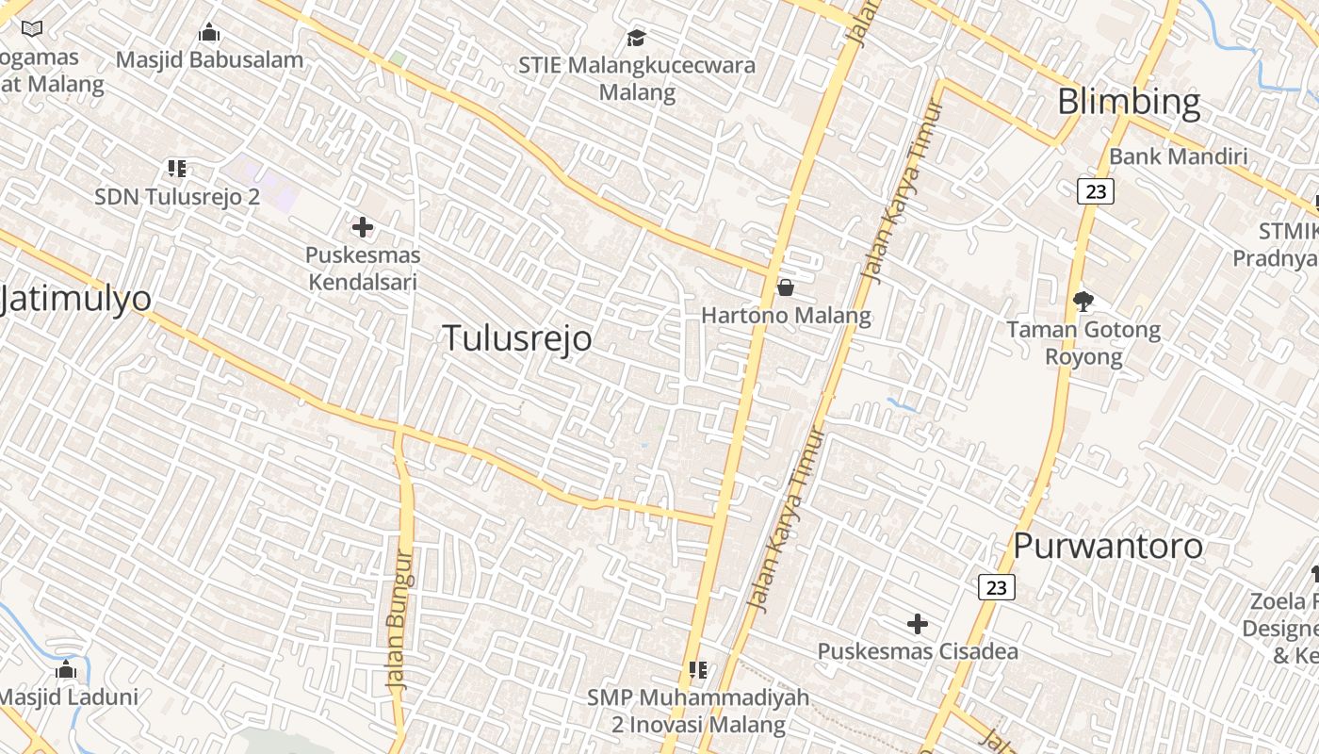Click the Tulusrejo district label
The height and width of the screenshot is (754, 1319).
[x=517, y=337]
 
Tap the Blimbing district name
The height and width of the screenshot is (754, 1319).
[x=1129, y=102]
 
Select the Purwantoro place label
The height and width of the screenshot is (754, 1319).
[x=1108, y=546]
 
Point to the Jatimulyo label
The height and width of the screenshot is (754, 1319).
[x=75, y=299]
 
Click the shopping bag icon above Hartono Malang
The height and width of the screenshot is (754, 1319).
[x=785, y=287]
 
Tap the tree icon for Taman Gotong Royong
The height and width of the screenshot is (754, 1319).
[x=1083, y=302]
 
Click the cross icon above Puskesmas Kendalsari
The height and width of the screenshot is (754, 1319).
[x=363, y=227]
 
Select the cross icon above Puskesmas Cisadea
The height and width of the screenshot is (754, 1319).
[x=917, y=624]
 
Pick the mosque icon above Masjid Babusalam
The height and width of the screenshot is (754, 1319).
[x=209, y=34]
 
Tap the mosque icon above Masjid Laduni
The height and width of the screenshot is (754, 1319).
[x=66, y=670]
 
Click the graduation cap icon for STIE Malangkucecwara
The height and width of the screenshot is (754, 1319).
[x=637, y=39]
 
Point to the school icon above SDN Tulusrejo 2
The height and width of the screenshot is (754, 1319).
[x=177, y=169]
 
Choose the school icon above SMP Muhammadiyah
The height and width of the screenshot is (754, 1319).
[x=698, y=670]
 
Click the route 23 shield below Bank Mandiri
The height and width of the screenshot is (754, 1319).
[x=1096, y=191]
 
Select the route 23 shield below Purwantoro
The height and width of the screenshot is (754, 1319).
[x=996, y=587]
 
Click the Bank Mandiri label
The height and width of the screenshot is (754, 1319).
[x=1178, y=156]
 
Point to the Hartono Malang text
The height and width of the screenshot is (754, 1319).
[x=786, y=316]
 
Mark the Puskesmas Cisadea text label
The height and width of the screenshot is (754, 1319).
[x=917, y=651]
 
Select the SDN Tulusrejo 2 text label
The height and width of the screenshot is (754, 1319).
[x=177, y=197]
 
